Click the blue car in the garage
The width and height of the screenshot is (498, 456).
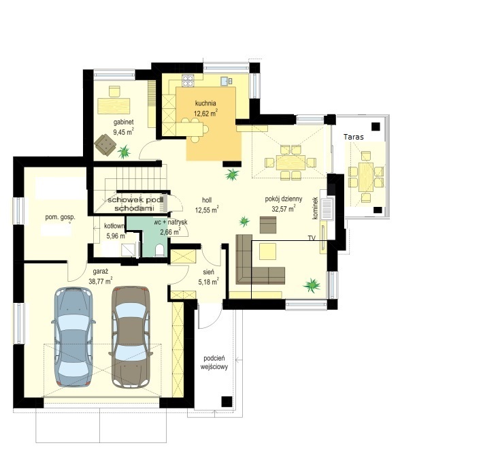73,337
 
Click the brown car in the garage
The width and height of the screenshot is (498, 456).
131,337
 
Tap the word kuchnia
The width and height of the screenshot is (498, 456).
205,103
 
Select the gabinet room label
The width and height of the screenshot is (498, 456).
124,122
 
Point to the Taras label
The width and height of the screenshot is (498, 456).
354,137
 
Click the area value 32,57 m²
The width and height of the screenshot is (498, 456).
284,208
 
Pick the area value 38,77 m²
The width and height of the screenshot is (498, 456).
101,281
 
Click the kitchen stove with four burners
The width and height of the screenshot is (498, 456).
188,80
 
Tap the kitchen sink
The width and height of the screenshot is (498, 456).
226,81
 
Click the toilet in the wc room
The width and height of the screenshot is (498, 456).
159,250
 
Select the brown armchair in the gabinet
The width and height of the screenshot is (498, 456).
105,145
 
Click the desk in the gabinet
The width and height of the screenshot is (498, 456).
114,106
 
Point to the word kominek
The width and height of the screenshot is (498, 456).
316,208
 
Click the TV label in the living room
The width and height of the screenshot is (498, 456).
312,238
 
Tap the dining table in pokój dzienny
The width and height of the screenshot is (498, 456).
290,163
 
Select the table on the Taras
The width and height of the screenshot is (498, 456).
366,177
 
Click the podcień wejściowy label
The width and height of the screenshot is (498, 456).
214,363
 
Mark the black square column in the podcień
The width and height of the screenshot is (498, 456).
227,402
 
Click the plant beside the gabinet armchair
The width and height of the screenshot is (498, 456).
124,152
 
